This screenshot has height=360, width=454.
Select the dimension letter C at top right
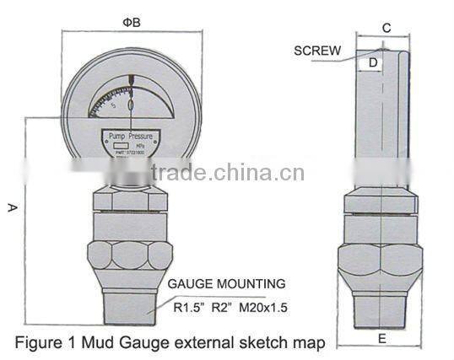pyautogui.click(x=386, y=28)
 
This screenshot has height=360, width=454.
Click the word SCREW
pyautogui.click(x=317, y=51)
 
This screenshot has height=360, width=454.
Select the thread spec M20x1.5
pyautogui.click(x=263, y=308)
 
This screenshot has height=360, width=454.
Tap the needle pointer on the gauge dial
pyautogui.click(x=132, y=93)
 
